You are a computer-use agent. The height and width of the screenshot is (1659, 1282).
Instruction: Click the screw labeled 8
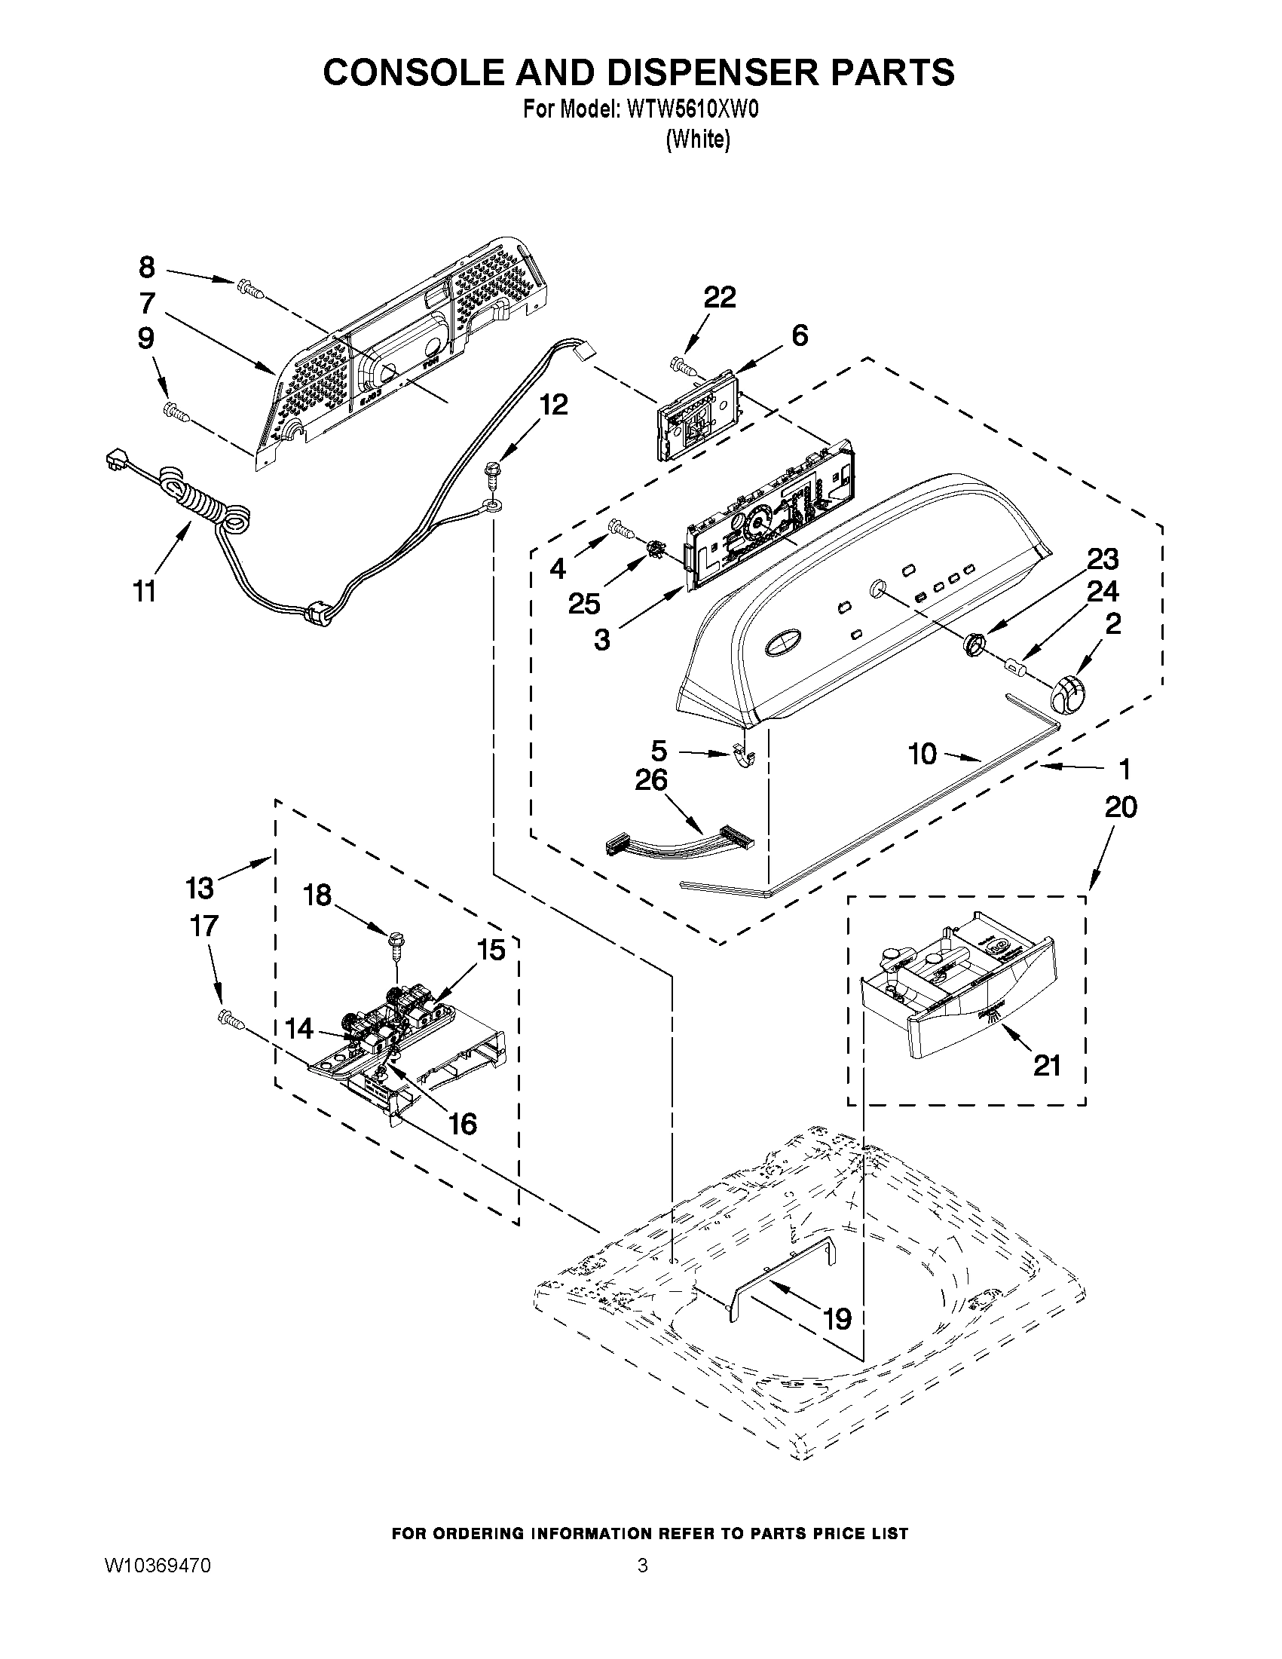pyautogui.click(x=248, y=287)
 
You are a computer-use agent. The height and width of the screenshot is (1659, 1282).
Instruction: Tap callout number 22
pyautogui.click(x=718, y=298)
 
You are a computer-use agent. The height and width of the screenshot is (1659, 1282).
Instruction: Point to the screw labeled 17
pyautogui.click(x=230, y=1018)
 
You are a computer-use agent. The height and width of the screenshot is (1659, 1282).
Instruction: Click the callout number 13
pyautogui.click(x=200, y=886)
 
